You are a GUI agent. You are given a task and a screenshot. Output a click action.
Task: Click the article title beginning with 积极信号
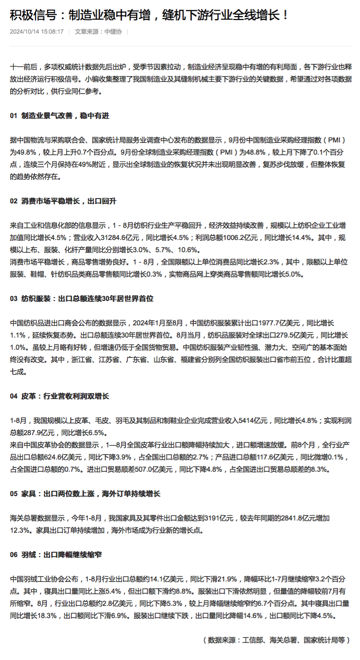[x=149, y=15]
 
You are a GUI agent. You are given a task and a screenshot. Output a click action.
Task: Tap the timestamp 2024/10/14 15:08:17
[x=37, y=32]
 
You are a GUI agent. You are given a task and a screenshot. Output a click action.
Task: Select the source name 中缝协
[x=113, y=32]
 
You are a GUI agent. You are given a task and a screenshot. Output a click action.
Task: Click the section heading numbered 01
[x=59, y=116]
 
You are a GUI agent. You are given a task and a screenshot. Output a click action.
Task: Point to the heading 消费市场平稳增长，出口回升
[x=69, y=201]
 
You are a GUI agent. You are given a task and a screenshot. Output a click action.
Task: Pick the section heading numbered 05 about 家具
[x=85, y=494]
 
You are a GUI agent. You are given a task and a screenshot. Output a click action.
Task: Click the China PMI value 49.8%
[x=20, y=152]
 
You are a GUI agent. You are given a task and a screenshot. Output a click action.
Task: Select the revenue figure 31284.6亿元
[x=110, y=238]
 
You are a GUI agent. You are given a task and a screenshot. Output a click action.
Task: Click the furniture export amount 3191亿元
[x=220, y=518]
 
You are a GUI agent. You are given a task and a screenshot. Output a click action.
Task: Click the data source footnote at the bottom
[x=276, y=640]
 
